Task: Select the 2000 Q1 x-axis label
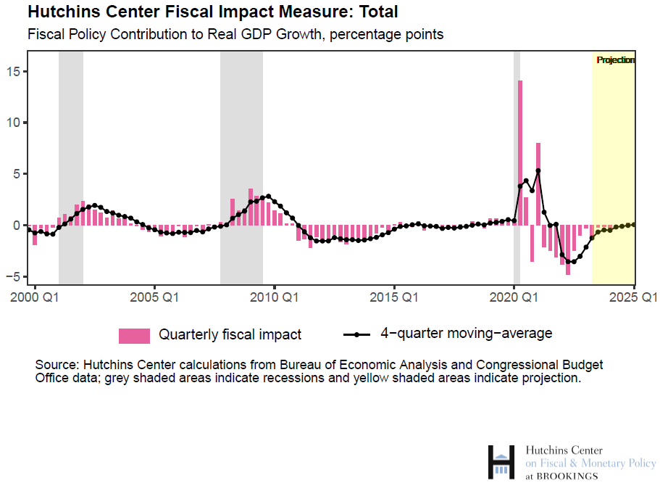point(33,297)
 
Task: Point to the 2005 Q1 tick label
point(153,297)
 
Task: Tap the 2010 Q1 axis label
point(274,297)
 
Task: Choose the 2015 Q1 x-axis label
point(393,297)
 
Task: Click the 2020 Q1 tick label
point(513,297)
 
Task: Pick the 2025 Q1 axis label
point(632,297)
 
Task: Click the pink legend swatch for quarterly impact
point(134,335)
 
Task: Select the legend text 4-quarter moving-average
point(467,334)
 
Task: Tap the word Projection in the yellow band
point(615,60)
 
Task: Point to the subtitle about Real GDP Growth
point(235,34)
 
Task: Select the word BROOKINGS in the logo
point(567,476)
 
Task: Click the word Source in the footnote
point(57,364)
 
